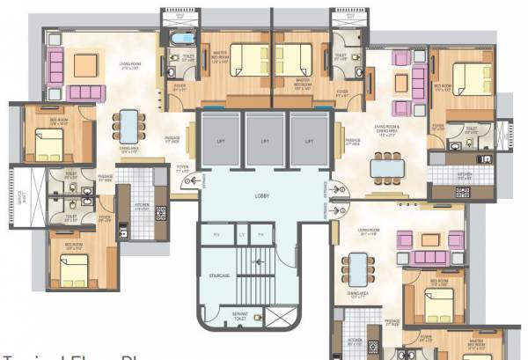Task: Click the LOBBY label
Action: [261, 195]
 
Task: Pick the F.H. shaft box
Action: [260, 234]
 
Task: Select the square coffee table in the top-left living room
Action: [85, 64]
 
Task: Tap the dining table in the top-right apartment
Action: [385, 164]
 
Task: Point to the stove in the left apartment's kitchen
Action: [160, 211]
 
